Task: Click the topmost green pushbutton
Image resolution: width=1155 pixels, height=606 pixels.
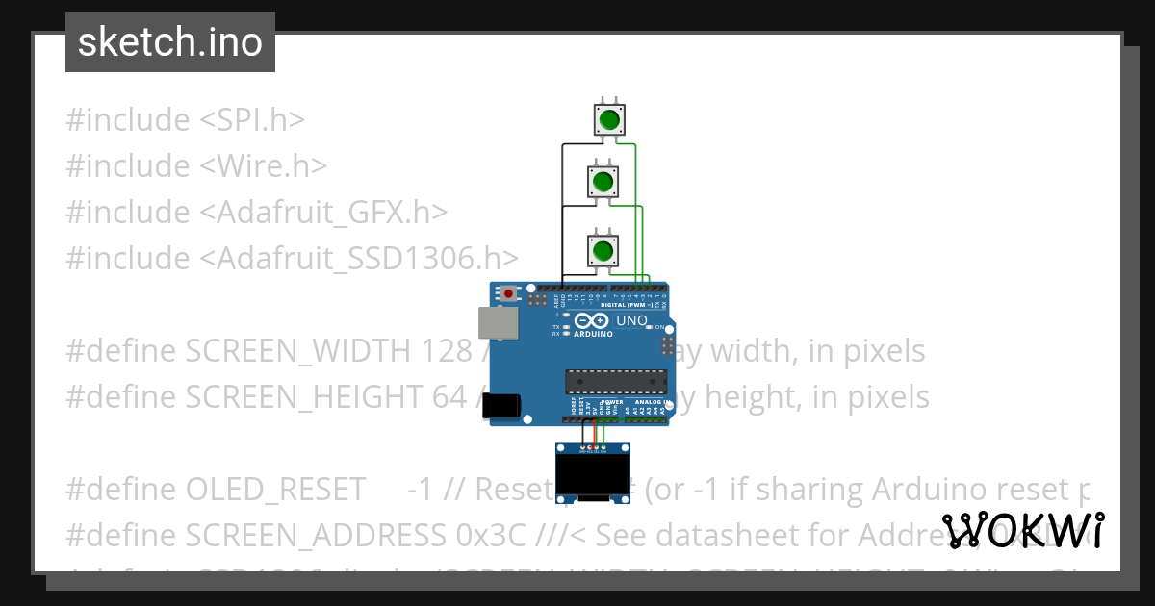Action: point(608,120)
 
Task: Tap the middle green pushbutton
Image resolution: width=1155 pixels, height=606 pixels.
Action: point(603,181)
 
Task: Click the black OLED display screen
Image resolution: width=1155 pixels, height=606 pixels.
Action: point(594,474)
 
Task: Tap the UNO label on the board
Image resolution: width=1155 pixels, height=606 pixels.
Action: point(631,321)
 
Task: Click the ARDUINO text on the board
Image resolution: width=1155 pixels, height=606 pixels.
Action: point(593,334)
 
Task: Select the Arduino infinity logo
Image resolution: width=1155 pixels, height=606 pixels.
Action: point(593,319)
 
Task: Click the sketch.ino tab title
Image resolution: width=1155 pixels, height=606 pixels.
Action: point(170,42)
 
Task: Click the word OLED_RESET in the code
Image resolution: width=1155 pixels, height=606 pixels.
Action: point(275,490)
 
